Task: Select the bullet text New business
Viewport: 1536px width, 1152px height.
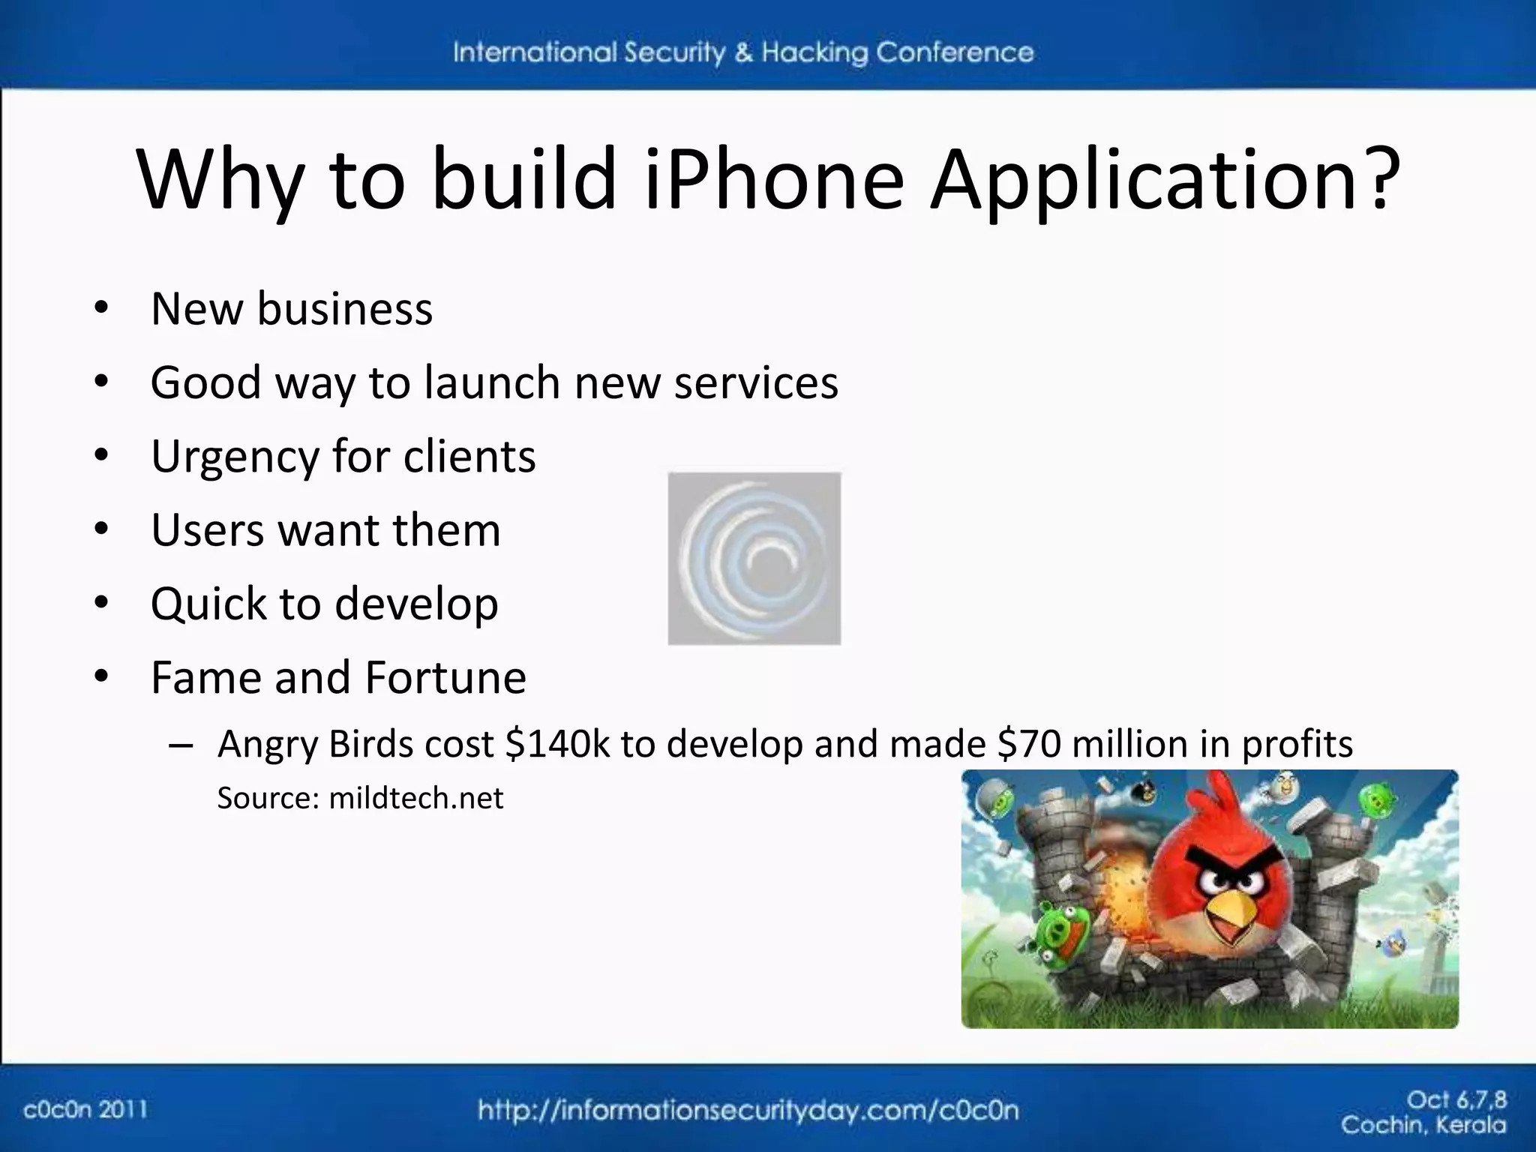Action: (292, 308)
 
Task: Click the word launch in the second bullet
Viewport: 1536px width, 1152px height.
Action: (492, 382)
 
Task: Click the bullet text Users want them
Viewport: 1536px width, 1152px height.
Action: (325, 530)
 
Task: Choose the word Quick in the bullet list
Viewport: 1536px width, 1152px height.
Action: (208, 604)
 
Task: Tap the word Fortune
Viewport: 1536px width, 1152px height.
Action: (445, 677)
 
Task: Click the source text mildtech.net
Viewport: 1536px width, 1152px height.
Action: (416, 798)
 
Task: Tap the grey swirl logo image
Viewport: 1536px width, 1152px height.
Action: (754, 559)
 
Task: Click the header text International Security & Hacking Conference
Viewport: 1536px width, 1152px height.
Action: (742, 52)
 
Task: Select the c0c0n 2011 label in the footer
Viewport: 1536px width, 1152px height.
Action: (85, 1109)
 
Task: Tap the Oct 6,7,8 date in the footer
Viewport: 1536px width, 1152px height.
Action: (1456, 1100)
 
